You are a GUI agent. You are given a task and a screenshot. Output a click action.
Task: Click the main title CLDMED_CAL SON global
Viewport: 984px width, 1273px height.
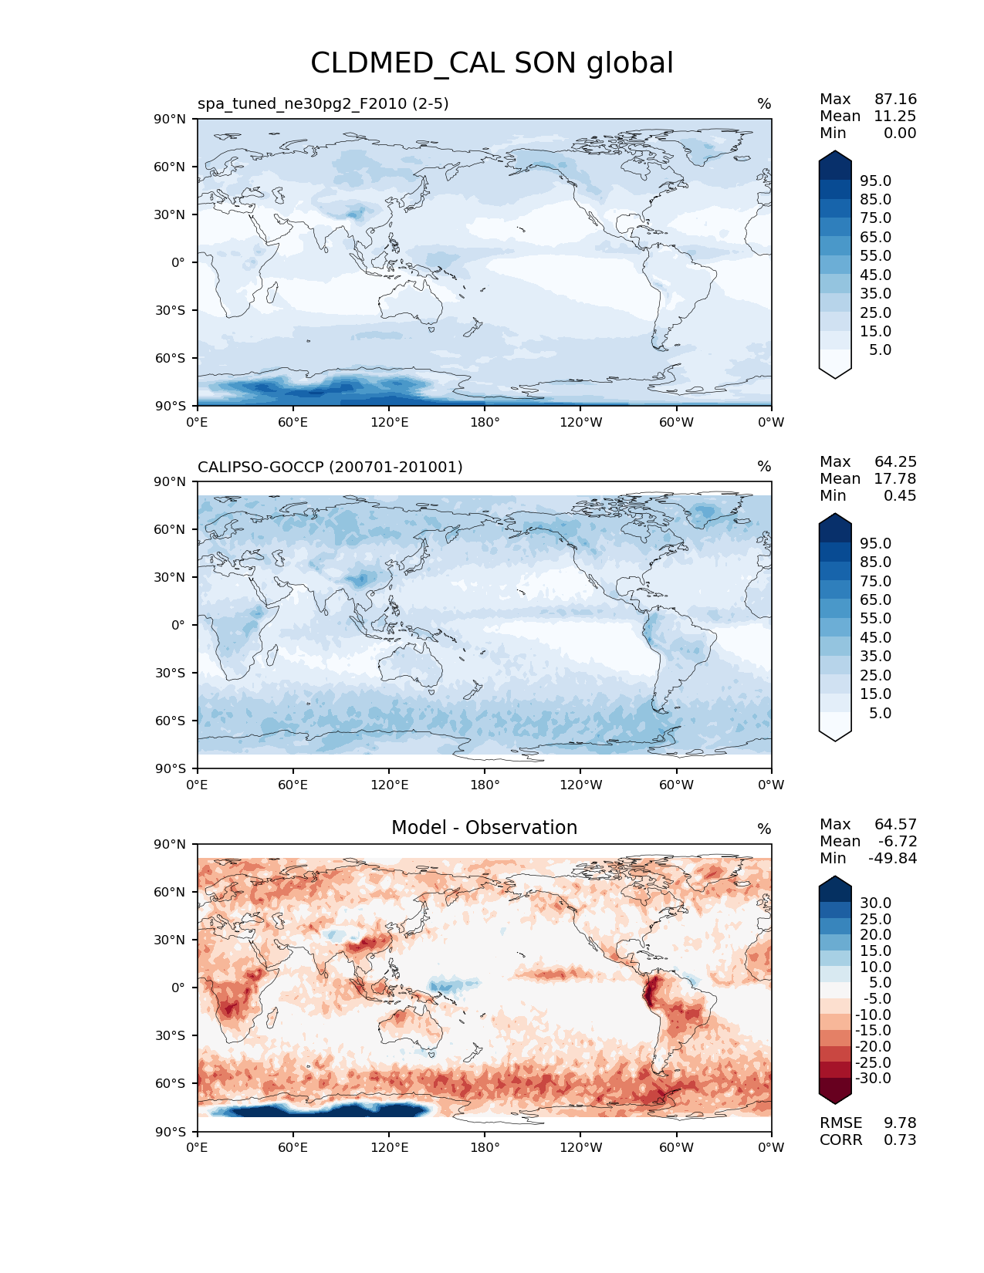tap(492, 63)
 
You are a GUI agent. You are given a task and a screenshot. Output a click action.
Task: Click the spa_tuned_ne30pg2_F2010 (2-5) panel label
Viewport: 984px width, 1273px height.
tap(323, 103)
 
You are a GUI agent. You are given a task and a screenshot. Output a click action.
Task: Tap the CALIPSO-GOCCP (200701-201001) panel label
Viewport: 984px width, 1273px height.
tap(330, 467)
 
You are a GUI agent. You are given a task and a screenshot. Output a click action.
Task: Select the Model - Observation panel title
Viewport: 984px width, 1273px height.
tap(484, 828)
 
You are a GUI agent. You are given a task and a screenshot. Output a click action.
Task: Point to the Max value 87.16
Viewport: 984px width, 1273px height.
tap(895, 100)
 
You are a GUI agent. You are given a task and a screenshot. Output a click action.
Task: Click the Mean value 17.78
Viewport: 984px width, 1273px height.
tap(895, 479)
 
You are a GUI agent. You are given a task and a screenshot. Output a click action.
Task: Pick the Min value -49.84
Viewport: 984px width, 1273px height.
tap(893, 859)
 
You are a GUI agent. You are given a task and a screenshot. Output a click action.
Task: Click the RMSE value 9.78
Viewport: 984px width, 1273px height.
tap(900, 1123)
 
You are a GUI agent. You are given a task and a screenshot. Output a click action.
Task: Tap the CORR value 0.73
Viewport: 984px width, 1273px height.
tap(900, 1140)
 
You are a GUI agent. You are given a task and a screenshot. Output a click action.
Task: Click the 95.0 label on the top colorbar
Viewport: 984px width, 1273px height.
tap(876, 181)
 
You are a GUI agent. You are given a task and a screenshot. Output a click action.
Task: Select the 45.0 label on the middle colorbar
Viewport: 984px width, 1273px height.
tap(876, 638)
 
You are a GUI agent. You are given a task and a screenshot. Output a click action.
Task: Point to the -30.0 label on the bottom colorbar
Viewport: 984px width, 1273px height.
tap(873, 1079)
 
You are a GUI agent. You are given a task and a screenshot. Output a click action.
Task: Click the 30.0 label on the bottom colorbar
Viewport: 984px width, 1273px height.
tap(876, 903)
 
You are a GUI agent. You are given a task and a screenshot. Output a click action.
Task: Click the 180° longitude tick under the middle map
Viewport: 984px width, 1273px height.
tap(485, 785)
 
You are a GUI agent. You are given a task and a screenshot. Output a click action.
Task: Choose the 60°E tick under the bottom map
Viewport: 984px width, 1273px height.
tap(293, 1148)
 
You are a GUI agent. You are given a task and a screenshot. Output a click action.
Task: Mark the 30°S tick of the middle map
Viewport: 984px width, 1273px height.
tap(171, 673)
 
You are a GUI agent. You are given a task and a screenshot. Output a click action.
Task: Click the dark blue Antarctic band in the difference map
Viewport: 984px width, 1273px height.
tap(324, 1110)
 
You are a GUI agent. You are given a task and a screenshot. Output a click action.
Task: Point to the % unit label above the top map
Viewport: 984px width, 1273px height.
tap(764, 104)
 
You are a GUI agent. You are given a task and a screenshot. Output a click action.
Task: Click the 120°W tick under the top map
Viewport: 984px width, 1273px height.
tap(580, 423)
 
